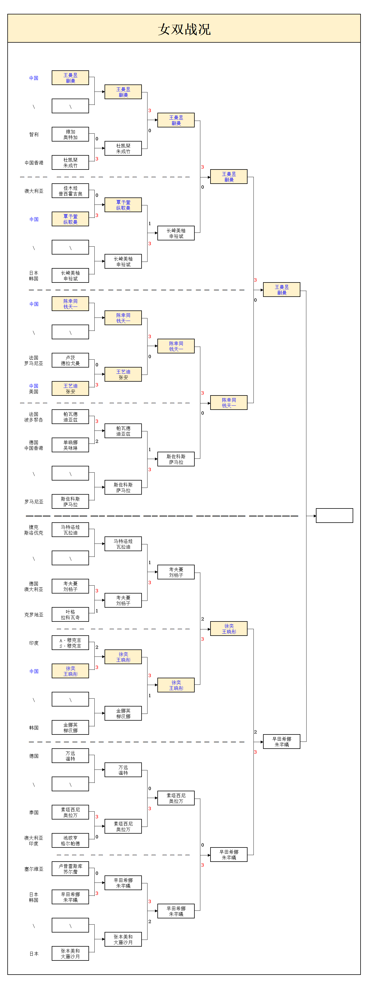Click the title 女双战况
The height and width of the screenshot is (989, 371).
[x=184, y=29]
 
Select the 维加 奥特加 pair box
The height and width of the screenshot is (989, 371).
[x=70, y=134]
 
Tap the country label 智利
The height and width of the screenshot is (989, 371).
[x=34, y=134]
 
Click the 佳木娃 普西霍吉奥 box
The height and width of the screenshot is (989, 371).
[x=70, y=191]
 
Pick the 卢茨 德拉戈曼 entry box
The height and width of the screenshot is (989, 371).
[x=70, y=360]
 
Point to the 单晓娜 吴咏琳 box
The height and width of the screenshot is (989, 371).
[x=70, y=445]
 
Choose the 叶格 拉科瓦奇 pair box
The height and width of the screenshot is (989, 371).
[x=70, y=615]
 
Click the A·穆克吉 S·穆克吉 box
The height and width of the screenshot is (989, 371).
[x=70, y=643]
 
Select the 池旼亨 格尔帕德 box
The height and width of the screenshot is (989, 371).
[x=70, y=841]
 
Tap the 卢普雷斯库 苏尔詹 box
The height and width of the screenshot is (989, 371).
[x=70, y=869]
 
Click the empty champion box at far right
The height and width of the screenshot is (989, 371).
[x=334, y=516]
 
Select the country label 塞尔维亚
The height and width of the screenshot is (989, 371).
[x=34, y=869]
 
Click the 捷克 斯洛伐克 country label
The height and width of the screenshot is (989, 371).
[x=34, y=530]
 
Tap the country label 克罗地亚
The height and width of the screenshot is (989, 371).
[x=34, y=615]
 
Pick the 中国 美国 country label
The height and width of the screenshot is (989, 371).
[x=34, y=388]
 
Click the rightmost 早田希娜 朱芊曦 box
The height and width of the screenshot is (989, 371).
[x=281, y=741]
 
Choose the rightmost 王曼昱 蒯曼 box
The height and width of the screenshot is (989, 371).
[x=281, y=290]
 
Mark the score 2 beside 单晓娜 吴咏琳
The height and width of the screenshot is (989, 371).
[x=97, y=441]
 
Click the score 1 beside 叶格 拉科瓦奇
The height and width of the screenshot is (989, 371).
[x=97, y=611]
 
